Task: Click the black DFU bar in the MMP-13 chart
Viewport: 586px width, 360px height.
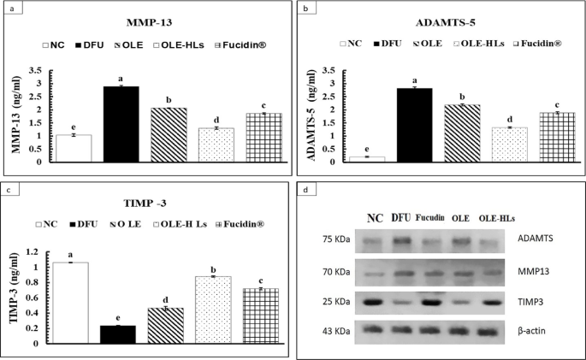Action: [x=121, y=124]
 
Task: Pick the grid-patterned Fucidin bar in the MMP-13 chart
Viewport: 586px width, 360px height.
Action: [x=264, y=137]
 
